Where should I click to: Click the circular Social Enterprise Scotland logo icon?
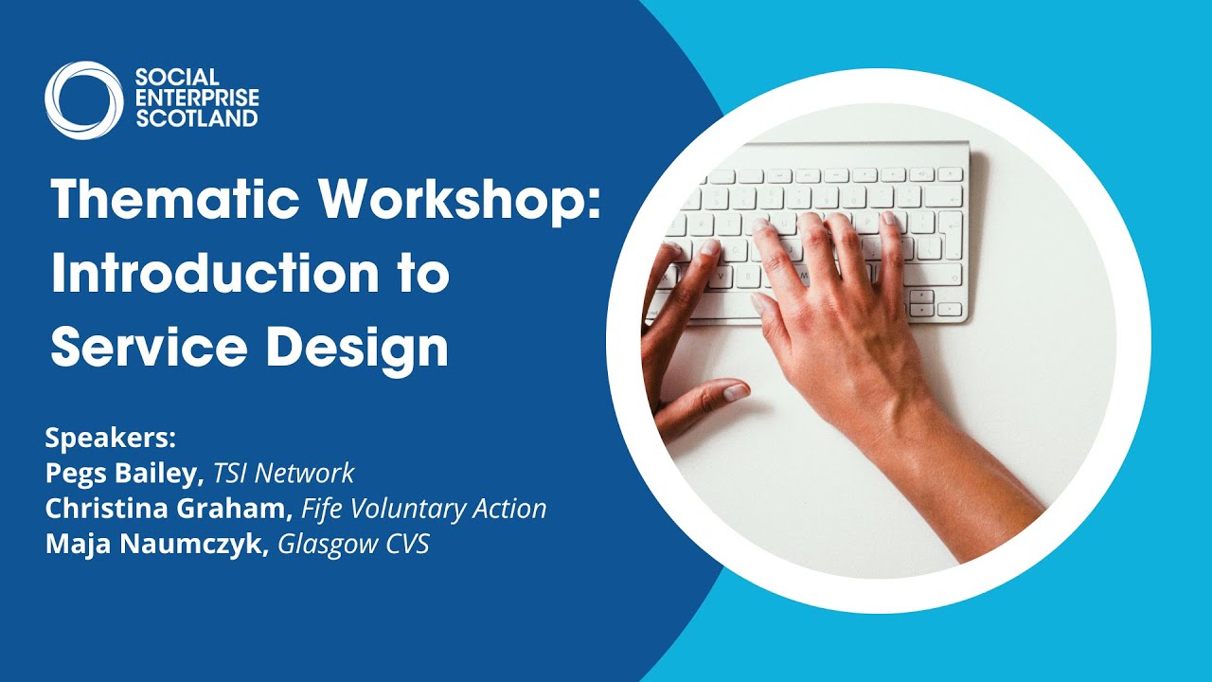[83, 100]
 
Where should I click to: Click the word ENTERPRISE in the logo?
[197, 98]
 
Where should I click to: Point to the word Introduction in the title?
[211, 275]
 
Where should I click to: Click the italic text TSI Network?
[283, 474]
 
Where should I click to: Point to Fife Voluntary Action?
[423, 509]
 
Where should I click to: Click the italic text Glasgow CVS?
[353, 545]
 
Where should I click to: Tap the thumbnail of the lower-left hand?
[735, 391]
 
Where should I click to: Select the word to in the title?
[418, 276]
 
